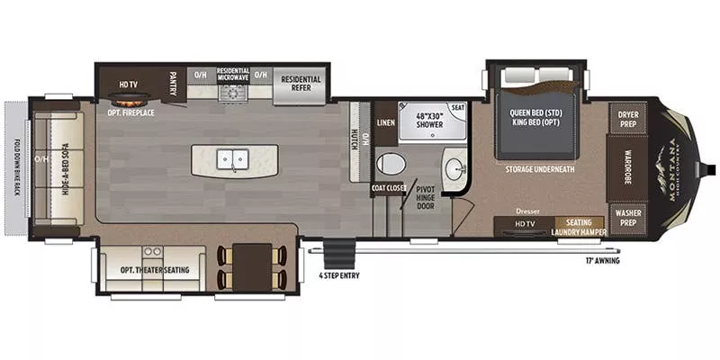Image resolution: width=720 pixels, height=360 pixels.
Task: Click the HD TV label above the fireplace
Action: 127,85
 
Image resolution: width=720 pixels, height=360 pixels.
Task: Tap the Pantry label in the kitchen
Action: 173,84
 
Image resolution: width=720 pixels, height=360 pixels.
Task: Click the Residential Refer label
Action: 301,84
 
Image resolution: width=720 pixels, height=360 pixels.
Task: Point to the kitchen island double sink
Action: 234,159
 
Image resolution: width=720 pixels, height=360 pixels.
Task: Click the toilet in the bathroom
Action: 391,164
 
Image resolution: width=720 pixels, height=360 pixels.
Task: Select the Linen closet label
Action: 385,121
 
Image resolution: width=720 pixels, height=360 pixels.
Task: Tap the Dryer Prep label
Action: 627,118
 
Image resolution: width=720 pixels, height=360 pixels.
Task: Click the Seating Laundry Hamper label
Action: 579,226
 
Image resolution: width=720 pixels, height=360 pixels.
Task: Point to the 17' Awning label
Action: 602,261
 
